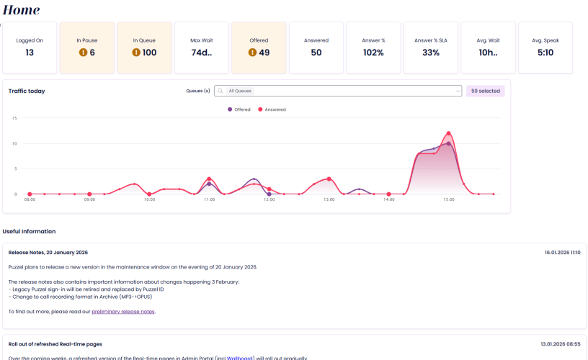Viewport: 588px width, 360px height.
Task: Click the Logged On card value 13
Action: click(30, 53)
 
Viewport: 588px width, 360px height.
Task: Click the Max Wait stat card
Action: click(201, 48)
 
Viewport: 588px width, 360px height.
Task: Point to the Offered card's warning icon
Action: click(252, 53)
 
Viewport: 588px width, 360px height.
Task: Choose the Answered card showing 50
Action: click(316, 48)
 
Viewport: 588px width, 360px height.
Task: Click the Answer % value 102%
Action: click(373, 53)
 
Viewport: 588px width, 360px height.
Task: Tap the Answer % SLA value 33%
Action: click(431, 53)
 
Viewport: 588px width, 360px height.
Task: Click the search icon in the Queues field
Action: click(220, 91)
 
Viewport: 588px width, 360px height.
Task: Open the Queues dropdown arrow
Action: click(457, 91)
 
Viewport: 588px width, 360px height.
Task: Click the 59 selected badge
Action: click(485, 91)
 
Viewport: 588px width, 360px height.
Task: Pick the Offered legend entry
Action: click(240, 109)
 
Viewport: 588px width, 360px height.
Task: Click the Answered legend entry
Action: click(272, 109)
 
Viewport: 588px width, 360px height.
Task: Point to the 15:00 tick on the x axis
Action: click(448, 200)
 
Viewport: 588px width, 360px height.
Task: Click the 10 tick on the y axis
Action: click(14, 143)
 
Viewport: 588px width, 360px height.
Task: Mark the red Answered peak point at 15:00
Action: click(448, 133)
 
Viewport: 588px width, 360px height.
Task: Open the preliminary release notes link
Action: click(122, 312)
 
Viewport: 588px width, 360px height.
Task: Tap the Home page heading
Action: click(22, 10)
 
